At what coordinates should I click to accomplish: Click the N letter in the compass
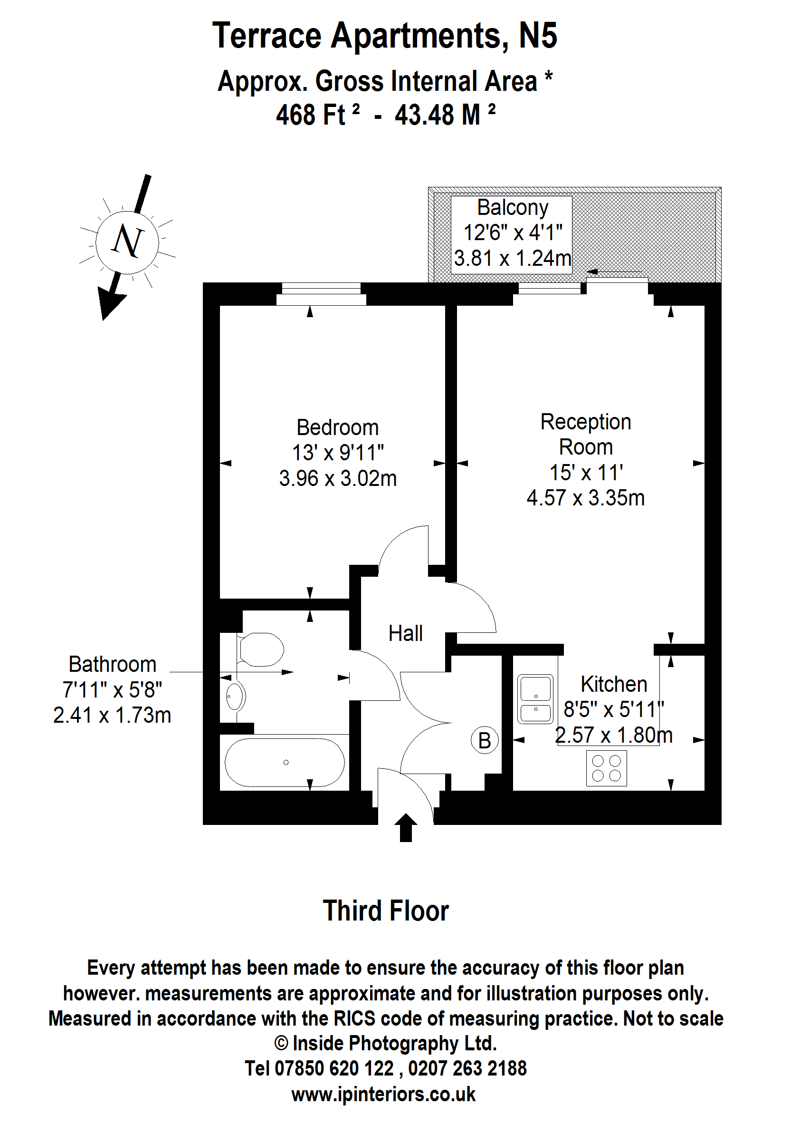[x=128, y=242]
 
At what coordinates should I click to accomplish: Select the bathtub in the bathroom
[x=285, y=762]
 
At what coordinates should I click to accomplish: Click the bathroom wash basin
[x=235, y=696]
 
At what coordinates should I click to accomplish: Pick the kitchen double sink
[x=535, y=698]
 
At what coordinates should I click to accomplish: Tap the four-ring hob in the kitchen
[x=606, y=768]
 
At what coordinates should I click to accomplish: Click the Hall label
[x=405, y=633]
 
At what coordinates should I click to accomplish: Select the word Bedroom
[x=337, y=427]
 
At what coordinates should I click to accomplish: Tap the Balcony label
[x=512, y=208]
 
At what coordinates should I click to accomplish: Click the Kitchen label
[x=613, y=684]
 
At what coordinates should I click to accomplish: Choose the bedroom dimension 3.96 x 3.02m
[x=337, y=479]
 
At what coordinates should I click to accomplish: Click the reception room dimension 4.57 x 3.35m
[x=585, y=498]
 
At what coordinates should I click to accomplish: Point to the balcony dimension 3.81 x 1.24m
[x=512, y=258]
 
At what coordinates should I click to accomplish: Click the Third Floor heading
[x=386, y=911]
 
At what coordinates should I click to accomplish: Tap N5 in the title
[x=537, y=36]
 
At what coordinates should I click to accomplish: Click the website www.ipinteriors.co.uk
[x=383, y=1095]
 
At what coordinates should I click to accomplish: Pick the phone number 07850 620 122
[x=333, y=1069]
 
